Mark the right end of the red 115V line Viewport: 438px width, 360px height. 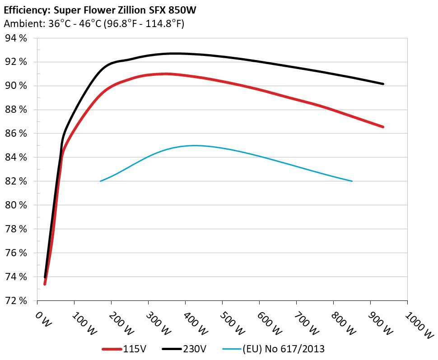383,127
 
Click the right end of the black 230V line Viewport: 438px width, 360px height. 383,83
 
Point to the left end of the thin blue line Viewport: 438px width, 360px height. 100,181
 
